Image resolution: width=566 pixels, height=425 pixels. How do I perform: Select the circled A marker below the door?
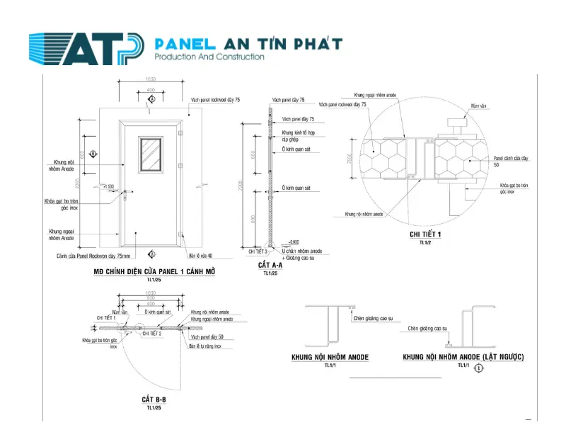pyautogui.click(x=151, y=254)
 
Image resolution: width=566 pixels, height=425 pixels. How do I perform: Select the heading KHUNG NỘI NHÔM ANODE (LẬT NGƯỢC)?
pyautogui.click(x=463, y=358)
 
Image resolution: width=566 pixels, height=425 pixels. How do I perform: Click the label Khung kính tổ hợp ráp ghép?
pyautogui.click(x=298, y=136)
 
